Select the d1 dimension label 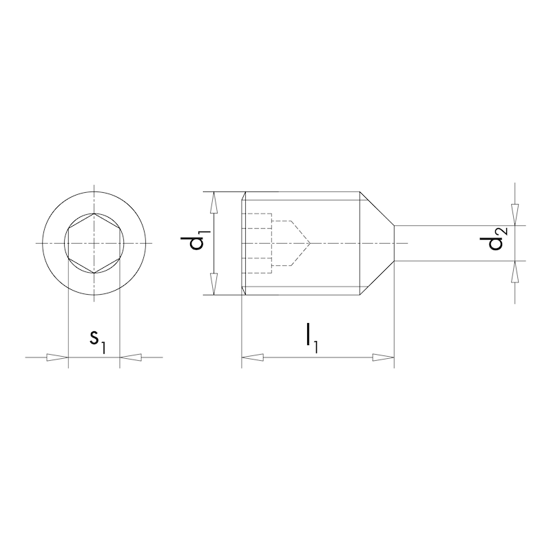point(198,243)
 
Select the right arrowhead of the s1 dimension point(131,357)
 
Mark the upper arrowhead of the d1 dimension point(214,203)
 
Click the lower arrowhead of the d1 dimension point(214,283)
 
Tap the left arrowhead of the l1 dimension point(253,357)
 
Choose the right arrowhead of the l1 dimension point(383,357)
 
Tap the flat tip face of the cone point point(394,243)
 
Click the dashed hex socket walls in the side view point(259,243)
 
